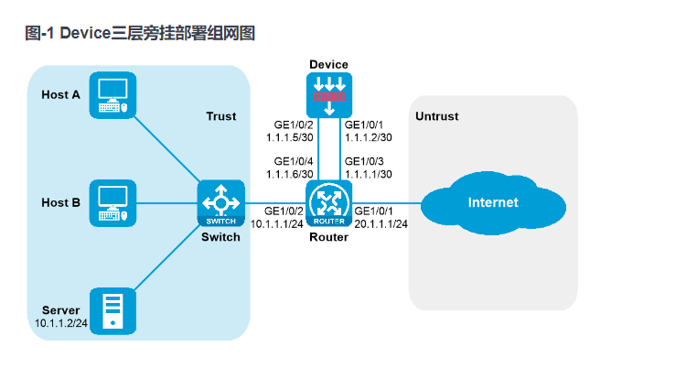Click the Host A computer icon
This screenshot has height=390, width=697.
click(x=113, y=94)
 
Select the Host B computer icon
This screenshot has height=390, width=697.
click(x=113, y=202)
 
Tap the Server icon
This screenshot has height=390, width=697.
click(x=113, y=309)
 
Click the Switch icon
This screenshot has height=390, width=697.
click(x=220, y=202)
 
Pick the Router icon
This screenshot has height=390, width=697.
click(x=327, y=202)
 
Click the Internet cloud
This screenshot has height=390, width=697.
click(x=492, y=202)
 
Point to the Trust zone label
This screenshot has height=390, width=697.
click(x=220, y=116)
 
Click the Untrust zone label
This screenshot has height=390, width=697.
click(x=436, y=116)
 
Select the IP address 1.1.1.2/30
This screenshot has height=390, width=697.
click(x=369, y=137)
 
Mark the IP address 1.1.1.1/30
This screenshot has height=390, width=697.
click(x=369, y=174)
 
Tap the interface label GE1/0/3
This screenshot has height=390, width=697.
click(x=364, y=162)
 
